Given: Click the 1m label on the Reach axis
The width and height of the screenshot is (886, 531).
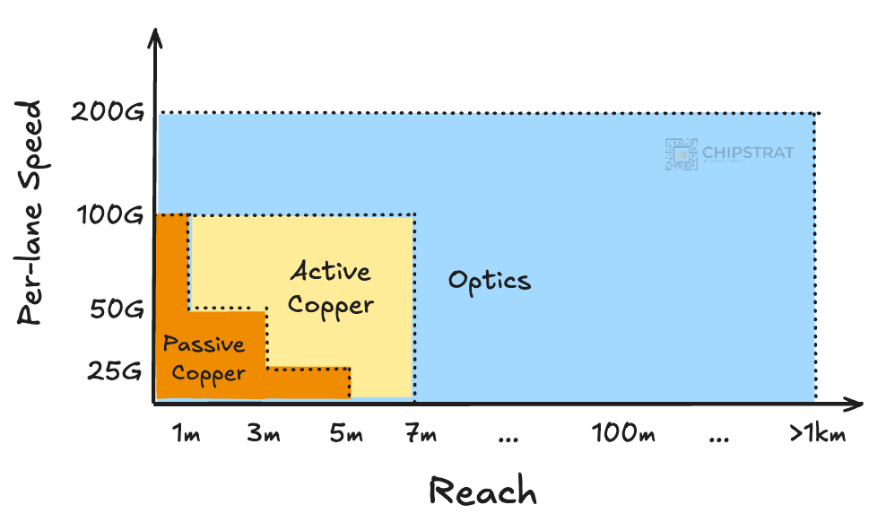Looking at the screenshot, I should coord(185,435).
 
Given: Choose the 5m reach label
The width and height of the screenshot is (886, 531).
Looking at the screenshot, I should coord(346,435).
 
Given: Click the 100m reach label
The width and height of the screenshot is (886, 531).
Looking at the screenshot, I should coord(623,435).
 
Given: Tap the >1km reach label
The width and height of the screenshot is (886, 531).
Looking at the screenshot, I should coord(816,435).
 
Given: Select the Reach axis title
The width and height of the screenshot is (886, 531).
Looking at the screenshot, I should coord(482,492).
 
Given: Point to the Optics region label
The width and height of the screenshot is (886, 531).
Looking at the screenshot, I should coord(490,280).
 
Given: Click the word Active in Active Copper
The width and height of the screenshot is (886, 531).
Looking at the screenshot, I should coord(330,271).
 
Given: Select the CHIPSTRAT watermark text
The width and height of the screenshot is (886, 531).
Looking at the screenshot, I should coord(748,152).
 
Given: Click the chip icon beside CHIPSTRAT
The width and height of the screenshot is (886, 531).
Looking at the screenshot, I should coord(681,154).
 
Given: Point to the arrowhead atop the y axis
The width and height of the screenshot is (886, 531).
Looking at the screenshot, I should coord(157,38).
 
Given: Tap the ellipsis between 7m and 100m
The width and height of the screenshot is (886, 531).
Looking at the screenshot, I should coord(508,439).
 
